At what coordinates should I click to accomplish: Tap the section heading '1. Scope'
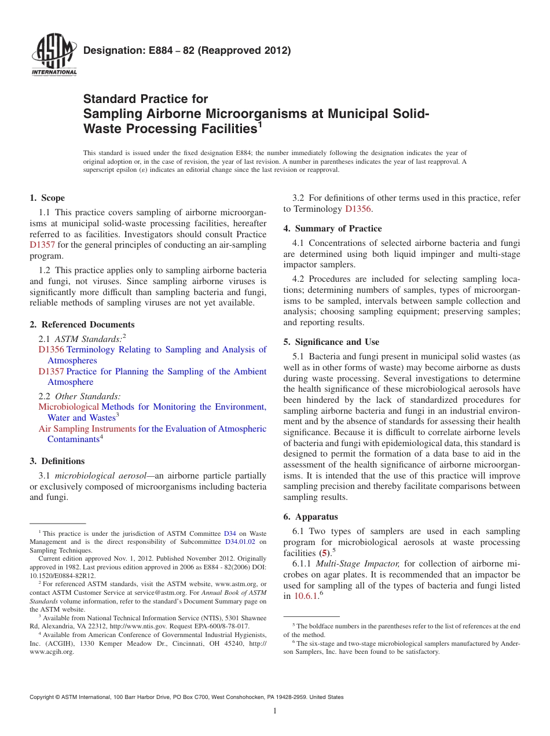coord(47,198)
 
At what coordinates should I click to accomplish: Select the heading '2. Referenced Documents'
coord(82,325)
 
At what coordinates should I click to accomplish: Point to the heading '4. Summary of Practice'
coord(332,228)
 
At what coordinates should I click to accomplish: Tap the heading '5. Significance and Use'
coord(331,341)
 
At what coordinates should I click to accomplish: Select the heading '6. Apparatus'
coord(310,516)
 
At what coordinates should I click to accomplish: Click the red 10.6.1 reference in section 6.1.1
coord(306,595)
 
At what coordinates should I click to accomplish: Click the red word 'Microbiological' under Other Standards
coord(68,407)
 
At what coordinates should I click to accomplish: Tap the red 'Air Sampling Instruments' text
coord(87,429)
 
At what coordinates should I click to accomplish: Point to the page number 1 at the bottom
coord(275,711)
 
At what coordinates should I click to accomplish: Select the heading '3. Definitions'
coord(57,461)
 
